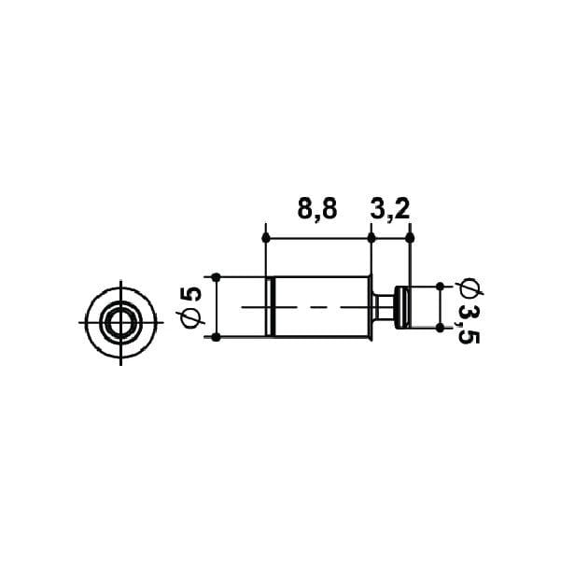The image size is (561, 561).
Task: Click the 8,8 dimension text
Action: (x=317, y=210)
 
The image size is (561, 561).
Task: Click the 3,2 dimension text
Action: (x=389, y=210)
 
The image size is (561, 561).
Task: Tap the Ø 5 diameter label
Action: (x=190, y=307)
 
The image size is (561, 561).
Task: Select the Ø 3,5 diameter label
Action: (x=469, y=312)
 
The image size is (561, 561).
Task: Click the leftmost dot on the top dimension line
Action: (x=266, y=237)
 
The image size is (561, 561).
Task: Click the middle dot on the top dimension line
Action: (x=372, y=237)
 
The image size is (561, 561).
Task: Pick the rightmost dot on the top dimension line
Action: (x=411, y=237)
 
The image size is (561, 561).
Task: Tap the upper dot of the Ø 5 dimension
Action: (x=216, y=277)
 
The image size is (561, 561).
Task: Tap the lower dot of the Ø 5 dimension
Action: (x=216, y=337)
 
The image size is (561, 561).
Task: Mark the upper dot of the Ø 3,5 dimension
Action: (x=440, y=287)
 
